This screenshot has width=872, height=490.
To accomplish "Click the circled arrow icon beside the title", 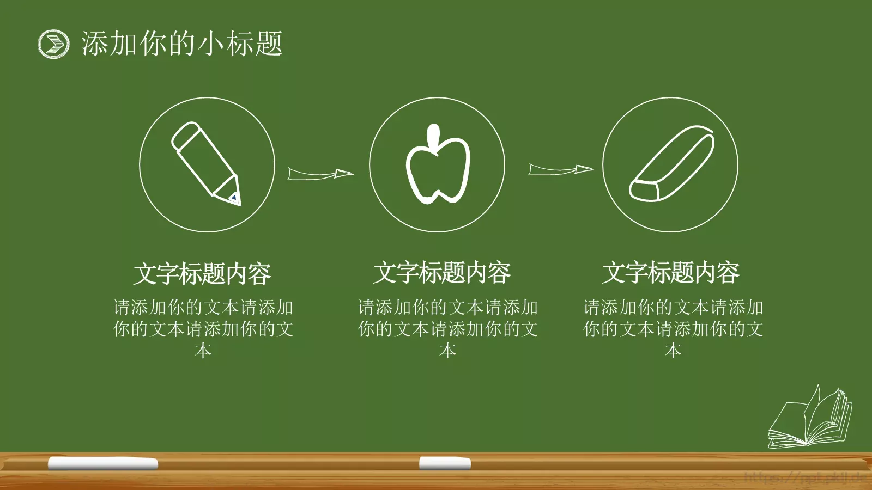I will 53,44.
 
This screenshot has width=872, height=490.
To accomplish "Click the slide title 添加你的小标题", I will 181,44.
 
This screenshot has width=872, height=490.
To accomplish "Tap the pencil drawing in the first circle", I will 204,161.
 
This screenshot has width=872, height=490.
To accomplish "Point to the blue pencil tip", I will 235,197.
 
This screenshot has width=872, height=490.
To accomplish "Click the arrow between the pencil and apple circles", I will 320,174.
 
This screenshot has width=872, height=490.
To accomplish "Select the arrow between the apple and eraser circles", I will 560,169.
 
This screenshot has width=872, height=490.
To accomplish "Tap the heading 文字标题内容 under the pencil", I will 202,273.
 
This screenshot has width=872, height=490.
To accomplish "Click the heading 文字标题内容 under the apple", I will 442,272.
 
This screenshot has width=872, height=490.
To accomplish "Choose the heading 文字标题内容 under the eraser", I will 671,272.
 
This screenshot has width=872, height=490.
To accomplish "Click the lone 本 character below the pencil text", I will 203,350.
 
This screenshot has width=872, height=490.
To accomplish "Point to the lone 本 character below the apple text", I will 447,350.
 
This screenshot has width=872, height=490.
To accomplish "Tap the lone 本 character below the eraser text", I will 673,350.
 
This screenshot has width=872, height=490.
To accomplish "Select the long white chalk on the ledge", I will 103,463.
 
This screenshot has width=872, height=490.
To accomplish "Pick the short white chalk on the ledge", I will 445,463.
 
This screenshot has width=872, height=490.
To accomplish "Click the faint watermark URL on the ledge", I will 806,478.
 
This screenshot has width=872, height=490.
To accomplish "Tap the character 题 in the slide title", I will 268,44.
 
